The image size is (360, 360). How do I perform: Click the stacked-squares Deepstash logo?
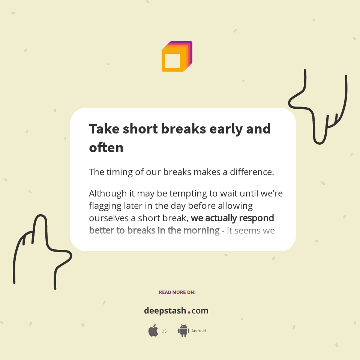pos(177,56)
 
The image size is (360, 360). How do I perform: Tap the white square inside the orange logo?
pos(172,61)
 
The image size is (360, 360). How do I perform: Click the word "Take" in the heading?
pos(103,129)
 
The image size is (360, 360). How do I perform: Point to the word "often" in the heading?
pos(106,148)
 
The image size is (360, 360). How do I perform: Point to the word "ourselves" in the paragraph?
pos(109,218)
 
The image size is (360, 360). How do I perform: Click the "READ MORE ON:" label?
pos(177,292)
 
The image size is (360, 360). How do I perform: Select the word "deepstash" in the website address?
pos(165,311)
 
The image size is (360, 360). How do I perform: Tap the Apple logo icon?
pos(153,331)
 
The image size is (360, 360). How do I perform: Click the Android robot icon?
pos(183,331)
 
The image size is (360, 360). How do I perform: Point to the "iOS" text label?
pos(163,331)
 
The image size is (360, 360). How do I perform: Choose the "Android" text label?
pos(199,331)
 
